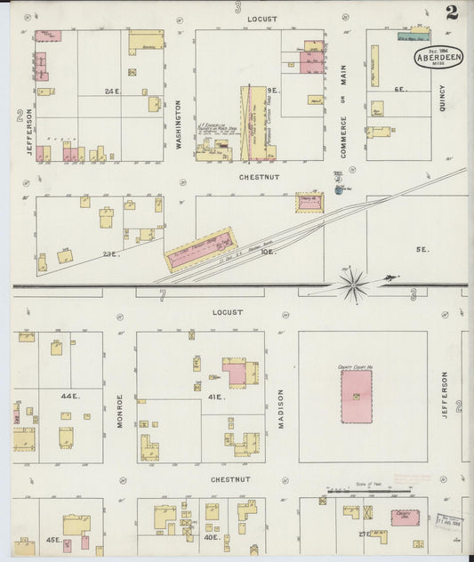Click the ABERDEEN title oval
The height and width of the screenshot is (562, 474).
(438, 57)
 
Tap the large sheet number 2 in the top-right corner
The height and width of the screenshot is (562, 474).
(453, 12)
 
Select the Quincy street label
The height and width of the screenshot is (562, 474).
(441, 102)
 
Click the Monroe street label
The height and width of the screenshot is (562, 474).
(119, 412)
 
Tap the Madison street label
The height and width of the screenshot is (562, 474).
(280, 408)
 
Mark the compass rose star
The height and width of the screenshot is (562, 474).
(354, 285)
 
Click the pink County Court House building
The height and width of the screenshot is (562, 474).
(357, 397)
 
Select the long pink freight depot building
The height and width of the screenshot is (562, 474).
(200, 250)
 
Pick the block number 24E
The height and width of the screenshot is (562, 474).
(112, 92)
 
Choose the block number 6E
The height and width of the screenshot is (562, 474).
(400, 89)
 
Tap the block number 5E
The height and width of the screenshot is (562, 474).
(423, 250)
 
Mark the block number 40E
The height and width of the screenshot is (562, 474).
(212, 537)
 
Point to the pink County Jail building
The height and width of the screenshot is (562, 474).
(405, 517)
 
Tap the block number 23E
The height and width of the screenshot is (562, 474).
(111, 254)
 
